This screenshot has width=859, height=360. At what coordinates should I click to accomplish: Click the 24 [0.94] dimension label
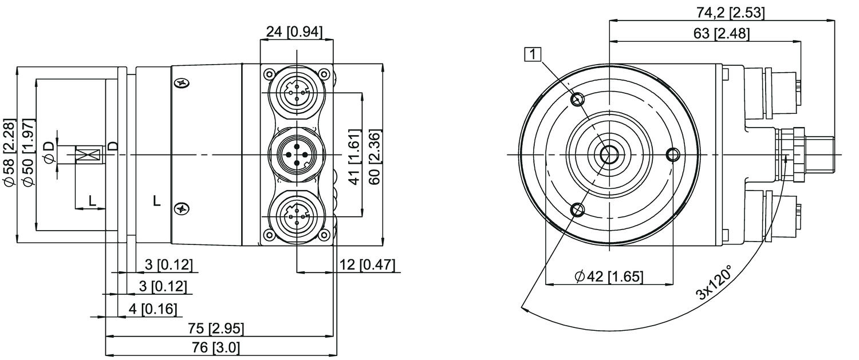tap(297, 32)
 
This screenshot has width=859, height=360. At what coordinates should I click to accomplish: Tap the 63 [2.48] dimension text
tap(721, 33)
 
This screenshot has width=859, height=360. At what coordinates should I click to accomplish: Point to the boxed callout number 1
tap(533, 54)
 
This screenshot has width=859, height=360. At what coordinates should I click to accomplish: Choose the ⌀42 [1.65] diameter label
tap(608, 277)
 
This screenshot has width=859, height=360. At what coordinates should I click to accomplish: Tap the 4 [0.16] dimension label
tap(152, 309)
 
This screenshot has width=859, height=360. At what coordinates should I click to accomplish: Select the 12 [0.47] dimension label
tap(367, 264)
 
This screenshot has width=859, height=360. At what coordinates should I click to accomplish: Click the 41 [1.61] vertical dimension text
tap(354, 157)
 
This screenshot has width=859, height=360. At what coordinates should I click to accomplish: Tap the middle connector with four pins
tap(297, 155)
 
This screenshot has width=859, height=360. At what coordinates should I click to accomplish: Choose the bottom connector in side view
tap(297, 217)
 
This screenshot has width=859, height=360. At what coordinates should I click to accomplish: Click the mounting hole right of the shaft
tap(673, 155)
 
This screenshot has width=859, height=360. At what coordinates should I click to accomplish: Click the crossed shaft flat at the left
tap(88, 155)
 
